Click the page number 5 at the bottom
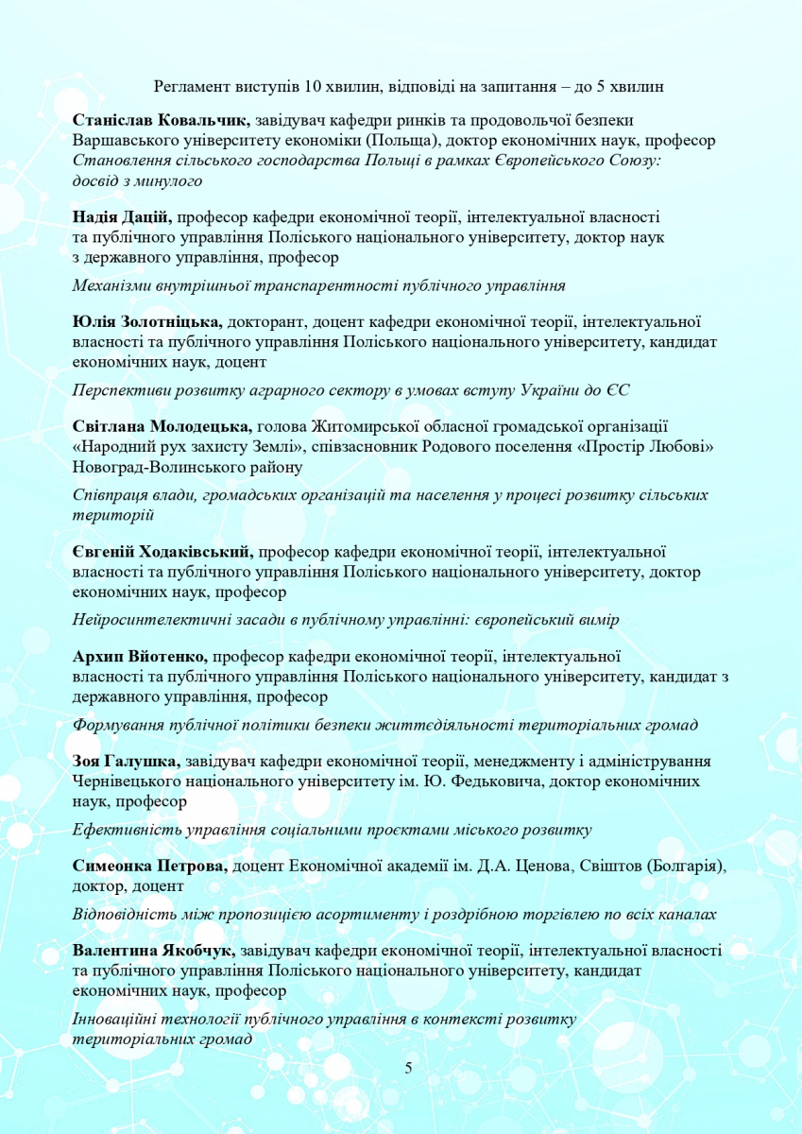[408, 1068]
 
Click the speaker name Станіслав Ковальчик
[161, 120]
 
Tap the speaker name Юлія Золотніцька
[147, 321]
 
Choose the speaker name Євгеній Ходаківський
[162, 552]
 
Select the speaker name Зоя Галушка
[126, 761]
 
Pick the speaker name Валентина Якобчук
[154, 948]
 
